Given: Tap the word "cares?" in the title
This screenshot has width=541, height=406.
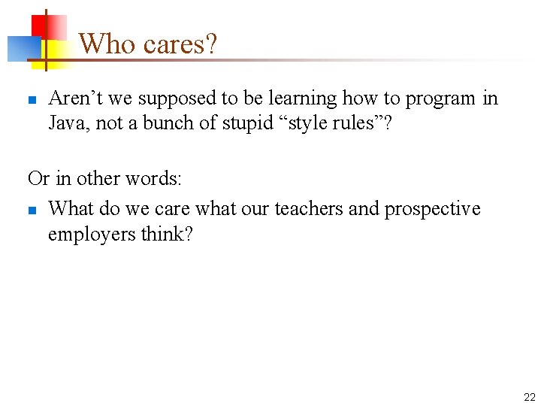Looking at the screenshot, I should tap(180, 44).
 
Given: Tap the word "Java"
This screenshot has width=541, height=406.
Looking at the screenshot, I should tap(66, 123).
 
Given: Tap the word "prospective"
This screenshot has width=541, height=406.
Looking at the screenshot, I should tap(432, 208).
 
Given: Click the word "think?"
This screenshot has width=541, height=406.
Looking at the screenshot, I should tap(167, 234).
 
